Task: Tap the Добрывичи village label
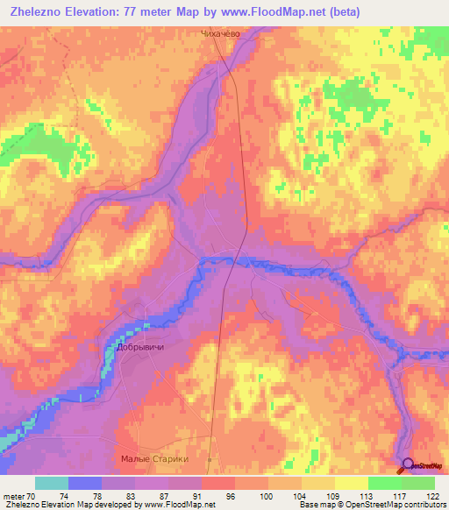pyautogui.click(x=140, y=347)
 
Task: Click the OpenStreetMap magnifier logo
pyautogui.click(x=408, y=465)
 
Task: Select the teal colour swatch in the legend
pyautogui.click(x=52, y=483)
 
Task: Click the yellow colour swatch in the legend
pyautogui.click(x=351, y=483)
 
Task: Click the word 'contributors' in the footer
pyautogui.click(x=421, y=505)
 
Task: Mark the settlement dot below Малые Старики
pyautogui.click(x=210, y=458)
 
